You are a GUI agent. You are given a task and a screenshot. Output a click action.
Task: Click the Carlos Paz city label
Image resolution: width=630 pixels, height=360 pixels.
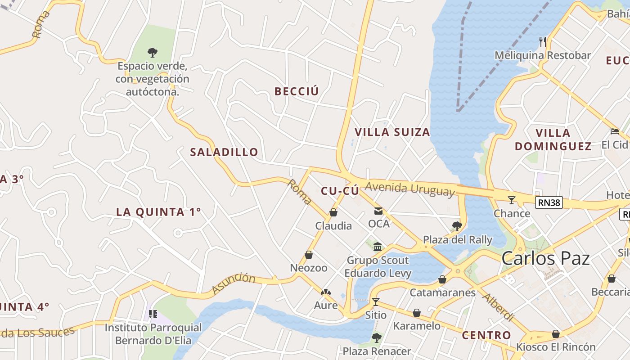tap(545, 259)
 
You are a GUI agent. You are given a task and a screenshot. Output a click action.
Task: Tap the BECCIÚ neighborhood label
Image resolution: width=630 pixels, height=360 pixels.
tap(297, 91)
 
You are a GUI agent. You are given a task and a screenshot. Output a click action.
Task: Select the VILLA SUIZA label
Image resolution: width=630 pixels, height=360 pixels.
tap(392, 132)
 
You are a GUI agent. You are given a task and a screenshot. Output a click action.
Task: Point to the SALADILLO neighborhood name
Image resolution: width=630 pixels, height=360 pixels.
tap(224, 152)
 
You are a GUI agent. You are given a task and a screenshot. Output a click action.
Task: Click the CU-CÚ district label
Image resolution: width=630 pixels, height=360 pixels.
tap(340, 191)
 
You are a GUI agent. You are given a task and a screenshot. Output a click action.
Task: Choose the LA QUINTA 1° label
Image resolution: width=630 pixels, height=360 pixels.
tap(158, 212)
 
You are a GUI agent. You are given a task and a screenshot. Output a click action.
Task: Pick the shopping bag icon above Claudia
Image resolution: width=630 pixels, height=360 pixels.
tap(333, 212)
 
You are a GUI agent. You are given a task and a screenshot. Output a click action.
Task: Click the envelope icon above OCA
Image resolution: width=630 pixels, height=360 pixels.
tap(378, 211)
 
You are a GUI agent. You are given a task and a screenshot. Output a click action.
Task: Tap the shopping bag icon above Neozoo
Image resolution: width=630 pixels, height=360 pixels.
tap(309, 255)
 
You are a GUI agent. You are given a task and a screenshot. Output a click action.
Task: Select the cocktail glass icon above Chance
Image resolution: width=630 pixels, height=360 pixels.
tap(512, 200)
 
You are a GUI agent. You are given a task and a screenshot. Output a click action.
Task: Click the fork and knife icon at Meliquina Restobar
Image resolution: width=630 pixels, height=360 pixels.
tap(543, 42)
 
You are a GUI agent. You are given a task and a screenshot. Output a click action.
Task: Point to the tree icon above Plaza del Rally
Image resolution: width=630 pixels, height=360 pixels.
tap(457, 226)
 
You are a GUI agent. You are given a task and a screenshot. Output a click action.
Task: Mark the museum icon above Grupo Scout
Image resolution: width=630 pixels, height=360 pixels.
tap(378, 247)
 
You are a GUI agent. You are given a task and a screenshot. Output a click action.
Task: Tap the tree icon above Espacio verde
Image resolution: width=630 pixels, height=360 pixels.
tap(153, 53)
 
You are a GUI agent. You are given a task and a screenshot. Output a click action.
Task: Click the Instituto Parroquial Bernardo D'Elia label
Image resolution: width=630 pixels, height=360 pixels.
tap(153, 333)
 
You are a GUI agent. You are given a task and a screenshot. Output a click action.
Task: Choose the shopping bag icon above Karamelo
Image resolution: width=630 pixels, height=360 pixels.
tap(417, 313)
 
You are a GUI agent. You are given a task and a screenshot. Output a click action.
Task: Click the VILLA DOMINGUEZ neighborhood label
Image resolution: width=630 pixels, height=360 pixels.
tap(553, 139)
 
